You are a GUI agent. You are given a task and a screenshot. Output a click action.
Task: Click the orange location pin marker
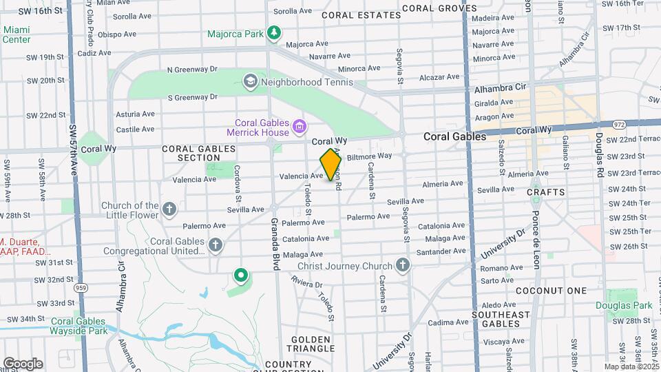coord(330,165)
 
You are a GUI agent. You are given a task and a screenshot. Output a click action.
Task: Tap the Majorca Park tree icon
coord(274,32)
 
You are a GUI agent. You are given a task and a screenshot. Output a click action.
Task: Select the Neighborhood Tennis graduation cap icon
coord(250,82)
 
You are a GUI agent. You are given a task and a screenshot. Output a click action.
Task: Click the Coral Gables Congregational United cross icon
coord(216,245)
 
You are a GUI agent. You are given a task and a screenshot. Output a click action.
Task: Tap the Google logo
coord(22,363)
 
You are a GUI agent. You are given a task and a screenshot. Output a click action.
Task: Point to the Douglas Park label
coord(624,305)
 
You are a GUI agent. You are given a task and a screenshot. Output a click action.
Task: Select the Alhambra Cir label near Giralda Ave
coord(500,87)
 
